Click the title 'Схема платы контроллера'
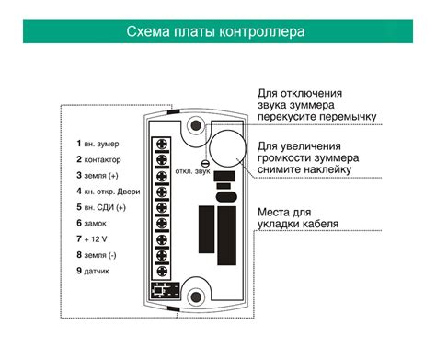(217, 32)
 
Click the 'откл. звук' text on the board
(189, 173)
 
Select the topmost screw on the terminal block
(163, 144)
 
